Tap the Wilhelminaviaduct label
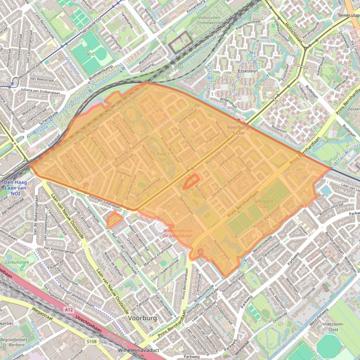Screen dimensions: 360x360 (x=139, y=350)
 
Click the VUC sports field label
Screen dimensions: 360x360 (x=90, y=55)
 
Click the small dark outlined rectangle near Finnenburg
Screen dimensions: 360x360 (x=180, y=43)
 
